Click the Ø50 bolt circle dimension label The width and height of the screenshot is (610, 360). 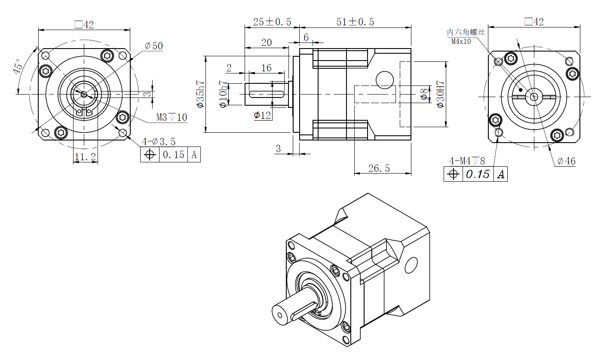click(x=153, y=46)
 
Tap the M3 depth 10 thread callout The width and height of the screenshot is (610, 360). click(x=172, y=117)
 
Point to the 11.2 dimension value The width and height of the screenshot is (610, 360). click(x=85, y=157)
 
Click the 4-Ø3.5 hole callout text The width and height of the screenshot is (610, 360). click(x=159, y=141)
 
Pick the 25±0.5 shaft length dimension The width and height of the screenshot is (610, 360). click(x=272, y=21)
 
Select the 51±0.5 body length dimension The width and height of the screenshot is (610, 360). click(x=355, y=21)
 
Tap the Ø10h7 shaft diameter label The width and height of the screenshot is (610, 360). click(x=223, y=94)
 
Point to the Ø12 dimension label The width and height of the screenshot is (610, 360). click(x=262, y=115)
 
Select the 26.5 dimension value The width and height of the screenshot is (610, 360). click(x=379, y=168)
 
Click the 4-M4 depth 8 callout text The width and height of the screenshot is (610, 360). click(x=467, y=161)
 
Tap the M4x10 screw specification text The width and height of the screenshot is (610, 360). click(x=461, y=42)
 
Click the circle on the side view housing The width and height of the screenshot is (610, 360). click(x=385, y=79)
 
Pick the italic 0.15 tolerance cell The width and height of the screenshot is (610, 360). click(x=478, y=174)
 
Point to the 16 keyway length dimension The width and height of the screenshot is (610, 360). click(x=267, y=68)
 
